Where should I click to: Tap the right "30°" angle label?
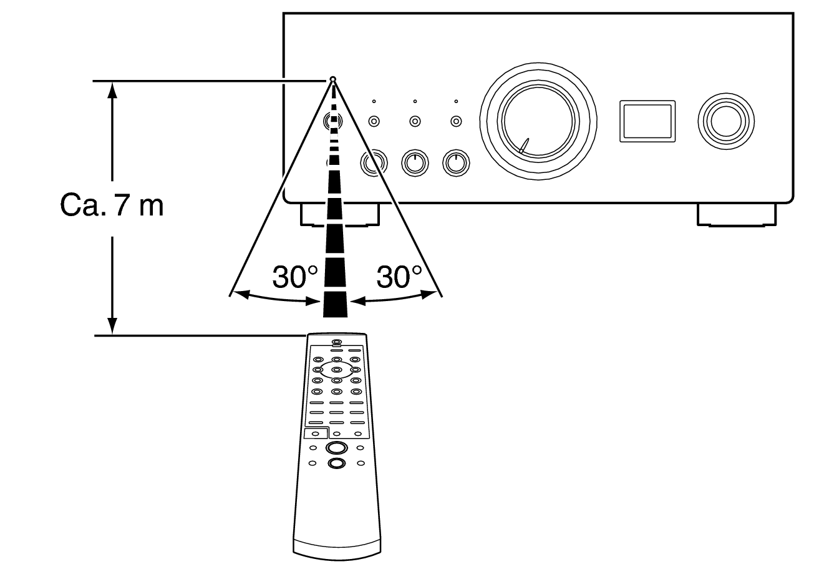click(399, 277)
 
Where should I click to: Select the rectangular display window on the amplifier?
click(647, 121)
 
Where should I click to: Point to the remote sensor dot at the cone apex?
click(333, 79)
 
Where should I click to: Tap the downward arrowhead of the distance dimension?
click(112, 327)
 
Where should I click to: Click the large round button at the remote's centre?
click(336, 448)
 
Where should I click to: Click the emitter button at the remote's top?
click(336, 342)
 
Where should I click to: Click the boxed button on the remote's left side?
click(316, 433)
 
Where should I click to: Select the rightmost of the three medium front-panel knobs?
click(456, 163)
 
